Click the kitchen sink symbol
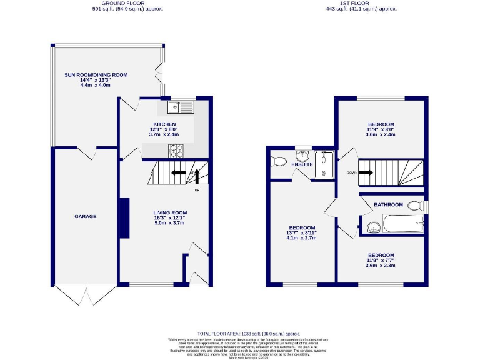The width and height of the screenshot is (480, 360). click(x=181, y=107)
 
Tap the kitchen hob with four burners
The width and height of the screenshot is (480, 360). click(x=176, y=150)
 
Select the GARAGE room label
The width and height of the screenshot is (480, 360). click(x=86, y=216)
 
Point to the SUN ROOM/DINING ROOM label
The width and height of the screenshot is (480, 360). click(x=96, y=75)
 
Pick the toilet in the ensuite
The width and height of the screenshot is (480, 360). click(x=279, y=161)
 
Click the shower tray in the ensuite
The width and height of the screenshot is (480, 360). click(x=324, y=164)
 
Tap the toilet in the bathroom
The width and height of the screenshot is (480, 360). click(x=415, y=205)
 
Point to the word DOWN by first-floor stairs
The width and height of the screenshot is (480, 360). click(x=352, y=173)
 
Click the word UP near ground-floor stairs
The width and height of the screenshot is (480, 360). click(x=197, y=190)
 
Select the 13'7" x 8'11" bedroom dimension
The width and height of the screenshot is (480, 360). click(x=302, y=233)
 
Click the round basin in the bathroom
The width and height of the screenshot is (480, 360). click(x=374, y=226)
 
